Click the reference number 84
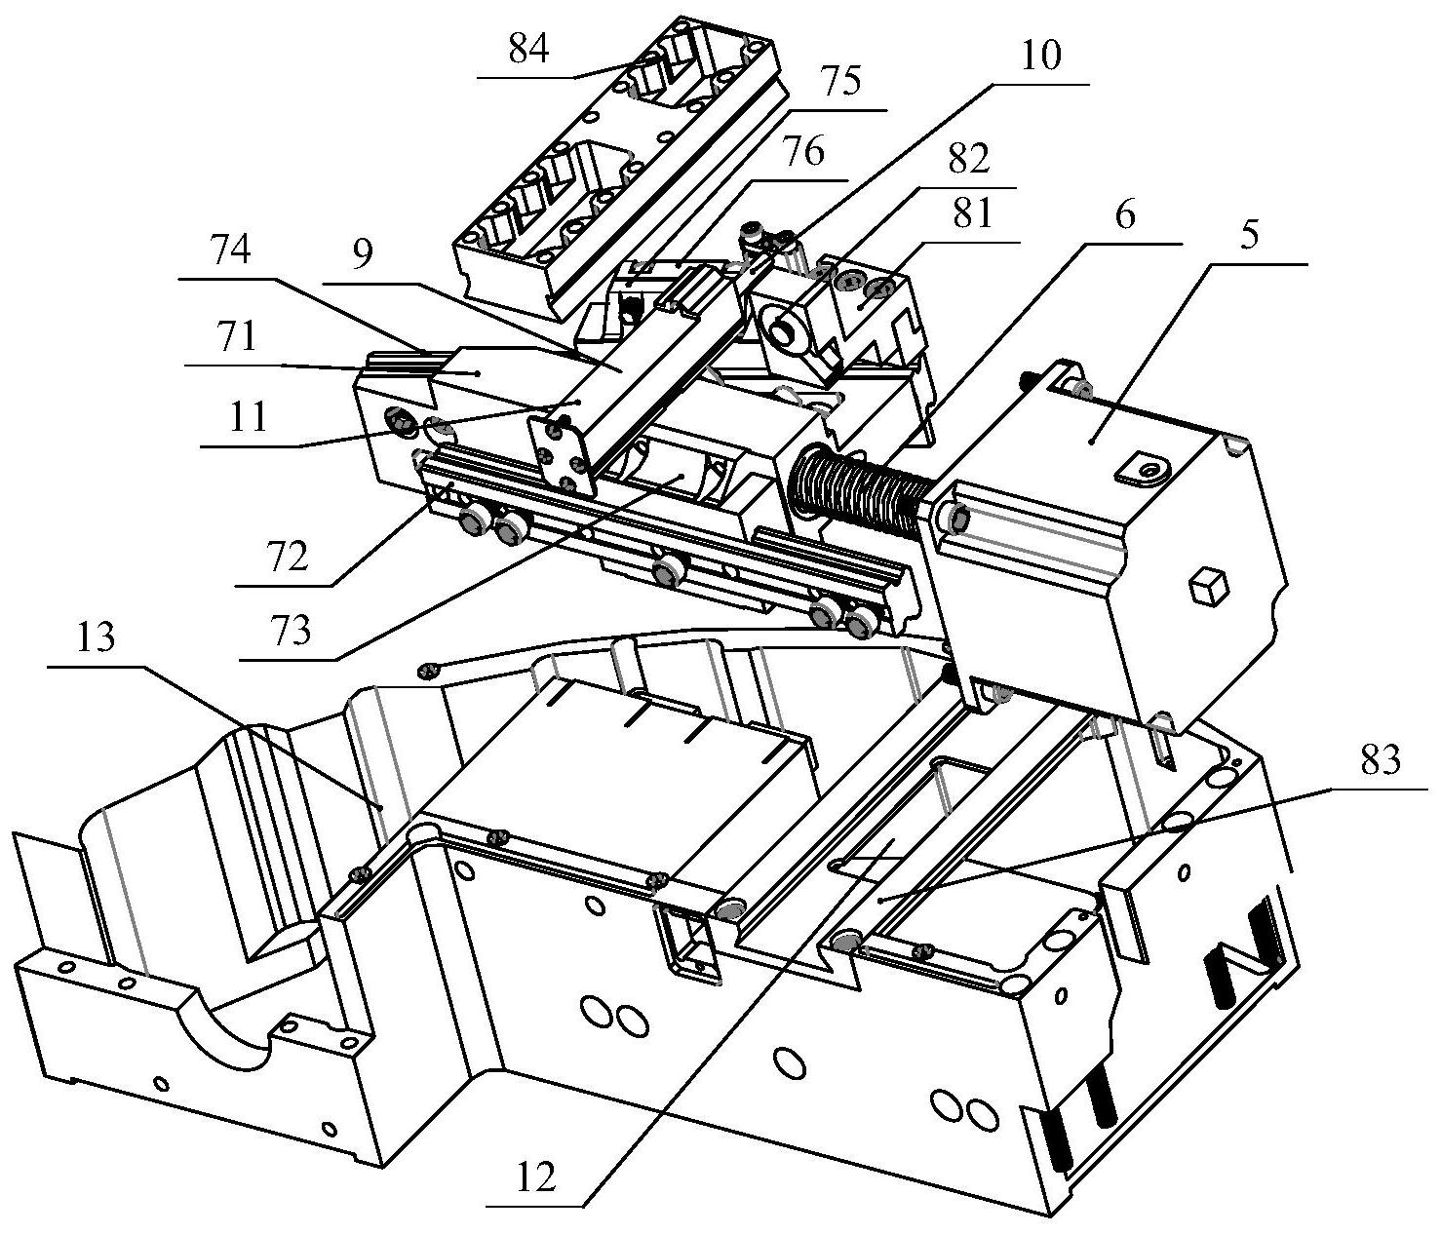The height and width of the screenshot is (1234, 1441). coord(528,50)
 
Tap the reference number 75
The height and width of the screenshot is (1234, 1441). coord(839,82)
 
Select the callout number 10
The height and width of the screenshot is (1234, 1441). coord(1041,56)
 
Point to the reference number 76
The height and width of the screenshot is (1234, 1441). coord(802,151)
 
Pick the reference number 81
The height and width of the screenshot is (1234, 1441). coord(972,213)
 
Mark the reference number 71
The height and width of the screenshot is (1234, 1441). coord(236,336)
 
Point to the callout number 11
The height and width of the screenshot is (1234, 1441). coord(248,417)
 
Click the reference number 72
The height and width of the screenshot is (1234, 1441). coord(287,558)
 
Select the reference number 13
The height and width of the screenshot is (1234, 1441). coord(96,637)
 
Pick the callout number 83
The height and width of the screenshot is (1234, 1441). coord(1379,760)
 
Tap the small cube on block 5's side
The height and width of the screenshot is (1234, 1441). coord(1208,587)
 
